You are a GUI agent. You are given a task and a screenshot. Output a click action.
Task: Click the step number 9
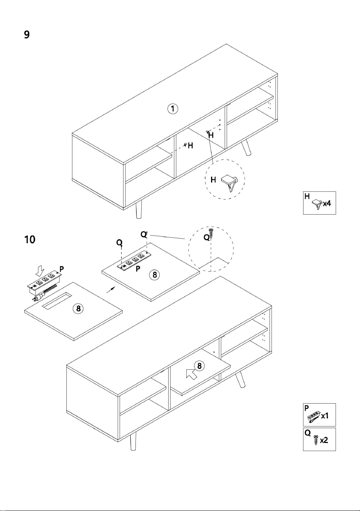click(27, 35)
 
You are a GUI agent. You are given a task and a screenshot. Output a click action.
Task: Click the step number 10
click(30, 240)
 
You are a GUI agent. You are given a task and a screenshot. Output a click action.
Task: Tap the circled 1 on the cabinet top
click(173, 109)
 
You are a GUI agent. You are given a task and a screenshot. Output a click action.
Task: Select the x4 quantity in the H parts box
click(327, 203)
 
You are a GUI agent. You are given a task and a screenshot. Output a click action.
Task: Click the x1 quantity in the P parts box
click(325, 416)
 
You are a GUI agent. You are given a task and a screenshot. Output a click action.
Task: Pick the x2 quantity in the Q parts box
click(324, 440)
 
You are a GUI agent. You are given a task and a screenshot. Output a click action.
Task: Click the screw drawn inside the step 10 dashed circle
click(211, 233)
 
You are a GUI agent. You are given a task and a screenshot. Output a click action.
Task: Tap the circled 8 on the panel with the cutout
click(78, 308)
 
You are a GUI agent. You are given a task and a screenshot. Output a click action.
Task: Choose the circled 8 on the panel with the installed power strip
click(155, 274)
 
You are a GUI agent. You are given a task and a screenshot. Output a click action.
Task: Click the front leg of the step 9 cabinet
click(139, 209)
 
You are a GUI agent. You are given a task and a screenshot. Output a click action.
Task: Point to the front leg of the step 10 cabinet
click(133, 441)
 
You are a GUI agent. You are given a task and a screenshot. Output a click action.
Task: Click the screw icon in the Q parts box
click(316, 440)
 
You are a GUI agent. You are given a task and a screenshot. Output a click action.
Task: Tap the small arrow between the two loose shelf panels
click(110, 290)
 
